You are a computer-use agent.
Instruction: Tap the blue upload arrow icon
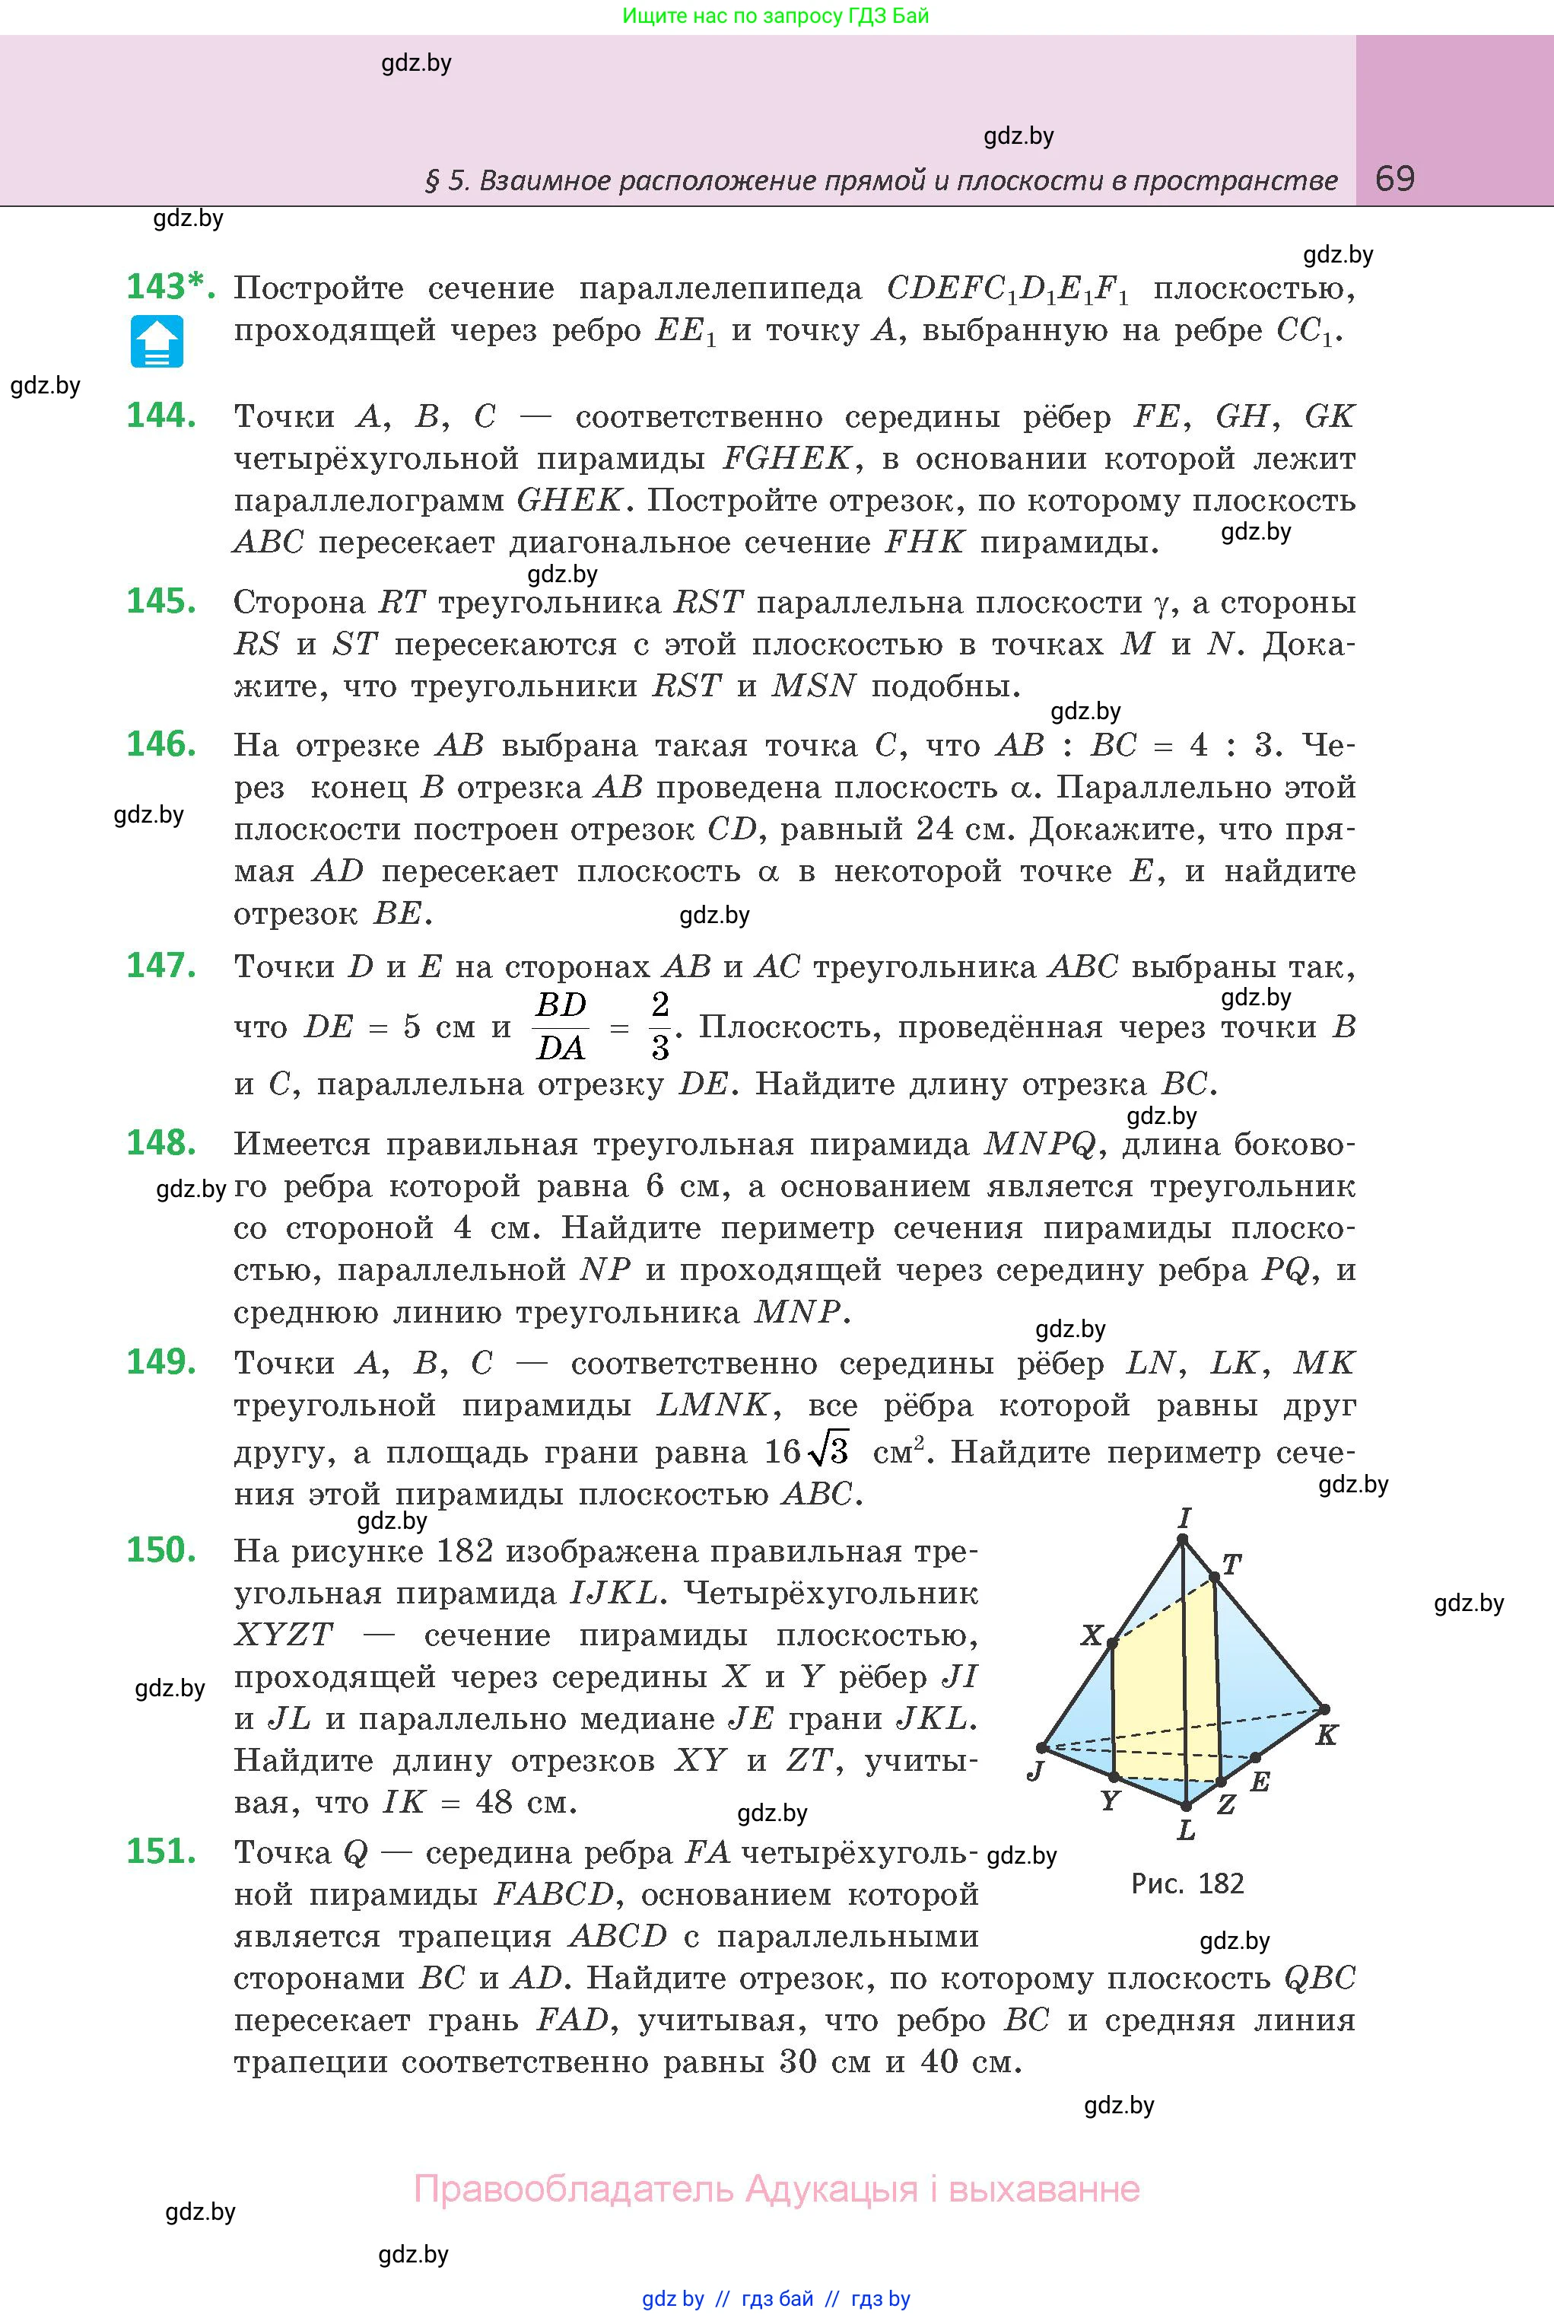pos(157,342)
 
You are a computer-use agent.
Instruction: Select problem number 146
pos(160,744)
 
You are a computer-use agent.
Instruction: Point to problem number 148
pos(160,1143)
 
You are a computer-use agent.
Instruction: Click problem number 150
pos(160,1549)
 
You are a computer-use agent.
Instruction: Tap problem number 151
pos(160,1851)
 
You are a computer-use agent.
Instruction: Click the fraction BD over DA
pos(561,1026)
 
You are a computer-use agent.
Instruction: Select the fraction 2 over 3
pos(660,1026)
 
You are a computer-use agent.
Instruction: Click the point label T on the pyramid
pos(1232,1565)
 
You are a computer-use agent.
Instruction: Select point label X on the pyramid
pos(1092,1635)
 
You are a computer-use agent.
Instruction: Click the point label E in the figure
pos(1260,1781)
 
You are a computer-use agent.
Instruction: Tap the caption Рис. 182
pos(1187,1883)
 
